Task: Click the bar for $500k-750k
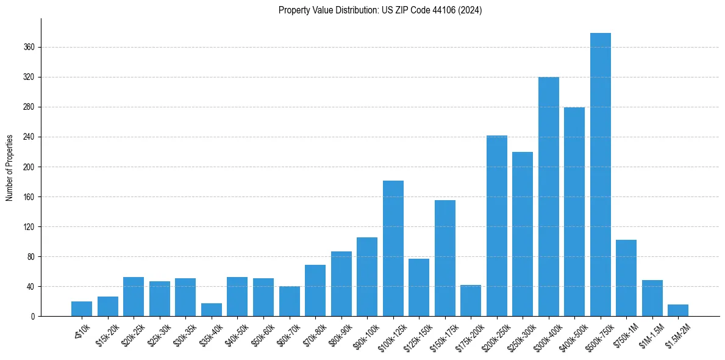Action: point(600,175)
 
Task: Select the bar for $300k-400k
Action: point(548,196)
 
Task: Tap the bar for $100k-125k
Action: point(393,248)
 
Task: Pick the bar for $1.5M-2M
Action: point(677,311)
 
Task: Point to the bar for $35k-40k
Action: point(212,310)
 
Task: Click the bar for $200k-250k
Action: point(496,226)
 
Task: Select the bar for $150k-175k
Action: point(445,258)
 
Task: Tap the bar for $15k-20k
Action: point(108,306)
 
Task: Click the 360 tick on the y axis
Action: point(29,47)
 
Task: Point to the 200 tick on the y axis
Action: point(29,167)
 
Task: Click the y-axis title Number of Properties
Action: point(10,167)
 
